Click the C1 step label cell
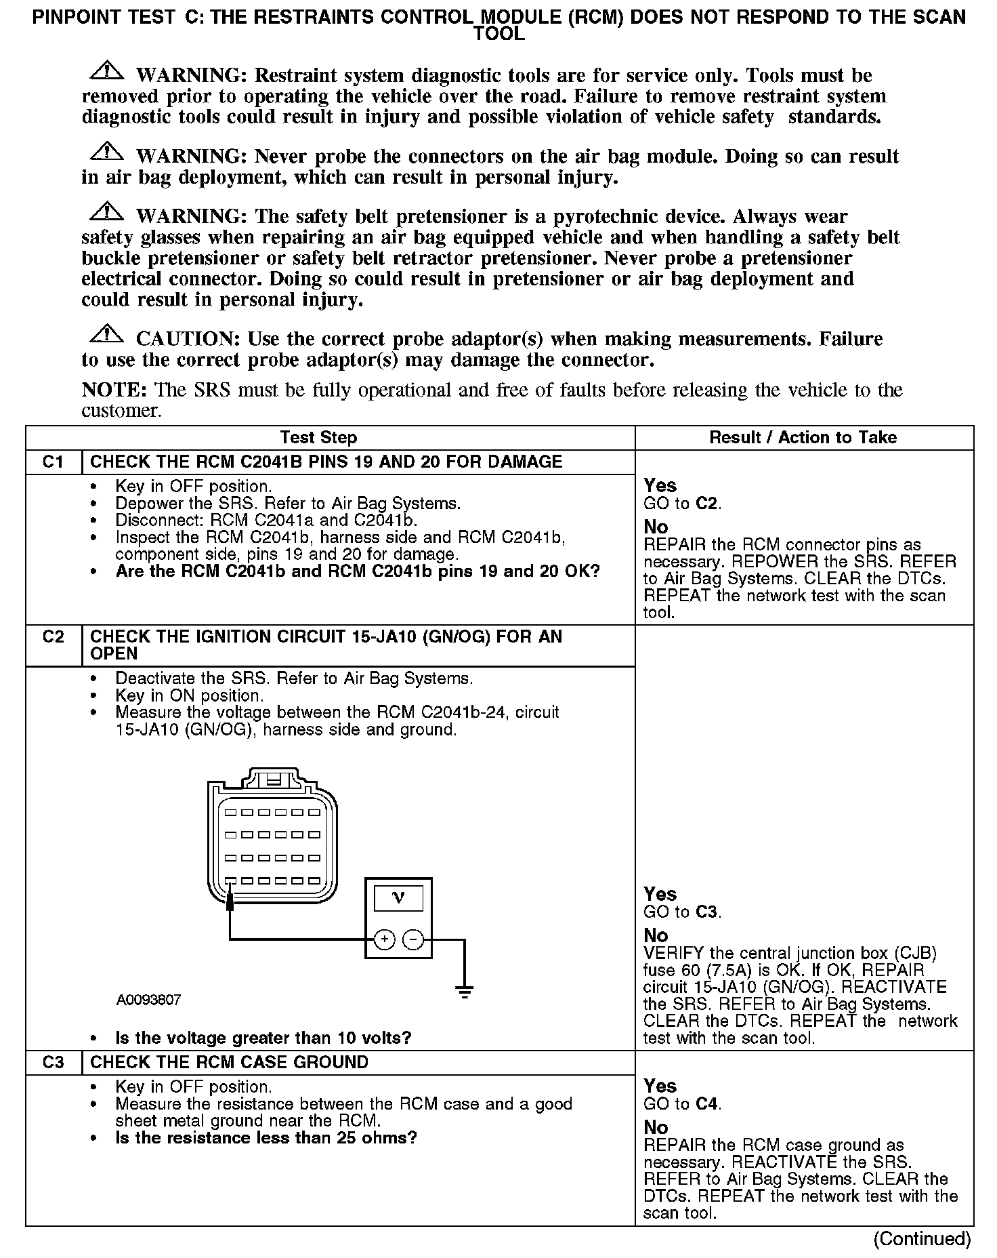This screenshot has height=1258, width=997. (53, 462)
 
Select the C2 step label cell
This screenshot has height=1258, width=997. (53, 636)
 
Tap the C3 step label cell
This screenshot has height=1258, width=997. (53, 1062)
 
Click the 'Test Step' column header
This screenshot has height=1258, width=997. (318, 437)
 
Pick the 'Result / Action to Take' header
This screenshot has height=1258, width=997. (803, 437)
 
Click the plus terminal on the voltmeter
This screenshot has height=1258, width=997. (384, 939)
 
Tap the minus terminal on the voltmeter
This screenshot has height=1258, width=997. (413, 939)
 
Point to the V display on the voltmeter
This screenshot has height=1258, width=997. (398, 899)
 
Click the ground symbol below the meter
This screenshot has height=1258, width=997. (465, 992)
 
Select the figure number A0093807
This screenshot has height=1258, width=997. (148, 1000)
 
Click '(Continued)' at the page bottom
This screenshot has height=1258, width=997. (922, 1238)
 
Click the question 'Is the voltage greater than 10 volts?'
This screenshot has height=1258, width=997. (263, 1038)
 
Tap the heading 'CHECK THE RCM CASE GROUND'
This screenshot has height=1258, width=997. (229, 1062)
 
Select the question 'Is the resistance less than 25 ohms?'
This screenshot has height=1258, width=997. (266, 1137)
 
